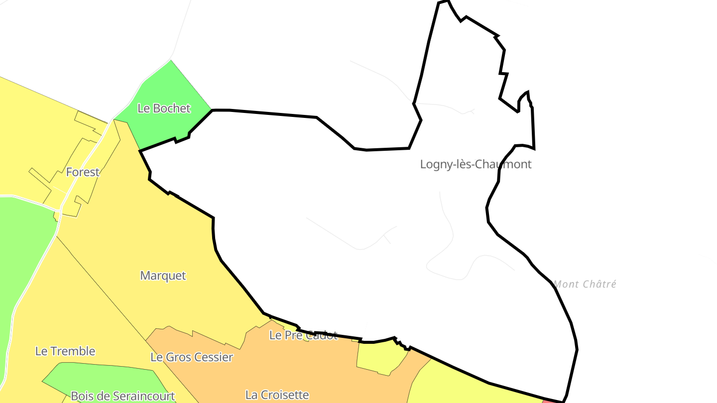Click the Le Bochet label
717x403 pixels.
tap(164, 108)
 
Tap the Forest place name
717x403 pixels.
tap(83, 172)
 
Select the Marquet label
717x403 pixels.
tap(163, 276)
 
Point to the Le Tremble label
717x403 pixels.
tap(65, 351)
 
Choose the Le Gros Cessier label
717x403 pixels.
tap(192, 357)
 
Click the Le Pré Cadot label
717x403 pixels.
tap(303, 335)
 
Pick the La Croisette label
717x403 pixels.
tap(277, 395)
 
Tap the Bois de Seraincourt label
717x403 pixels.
tap(122, 396)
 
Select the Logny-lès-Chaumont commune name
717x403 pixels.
tap(476, 164)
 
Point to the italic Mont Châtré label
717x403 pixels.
tap(585, 284)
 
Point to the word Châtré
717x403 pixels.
tap(599, 284)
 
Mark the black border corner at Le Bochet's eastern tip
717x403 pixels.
tap(212, 110)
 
